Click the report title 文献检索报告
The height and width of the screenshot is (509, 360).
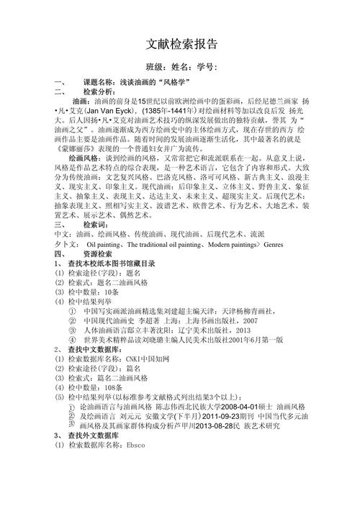click(x=179, y=45)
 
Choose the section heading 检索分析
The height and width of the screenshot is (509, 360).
click(x=99, y=92)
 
